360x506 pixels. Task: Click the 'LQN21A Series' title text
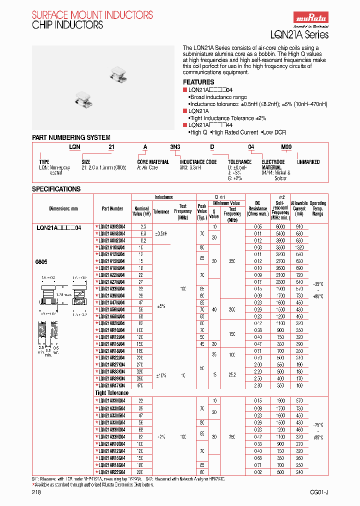[306, 34]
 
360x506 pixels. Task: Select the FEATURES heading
[198, 82]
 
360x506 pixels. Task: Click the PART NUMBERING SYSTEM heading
[71, 137]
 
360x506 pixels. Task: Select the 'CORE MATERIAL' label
[153, 162]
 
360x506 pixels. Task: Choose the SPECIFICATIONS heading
[56, 189]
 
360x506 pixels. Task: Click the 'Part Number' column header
[112, 208]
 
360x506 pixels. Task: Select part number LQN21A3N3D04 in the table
[111, 226]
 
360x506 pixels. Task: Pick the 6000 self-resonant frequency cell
[280, 226]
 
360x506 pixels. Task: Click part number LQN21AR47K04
[111, 385]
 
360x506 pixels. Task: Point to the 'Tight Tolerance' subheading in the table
[111, 393]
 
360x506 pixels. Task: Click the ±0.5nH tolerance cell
[161, 233]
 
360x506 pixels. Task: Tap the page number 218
[36, 492]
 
